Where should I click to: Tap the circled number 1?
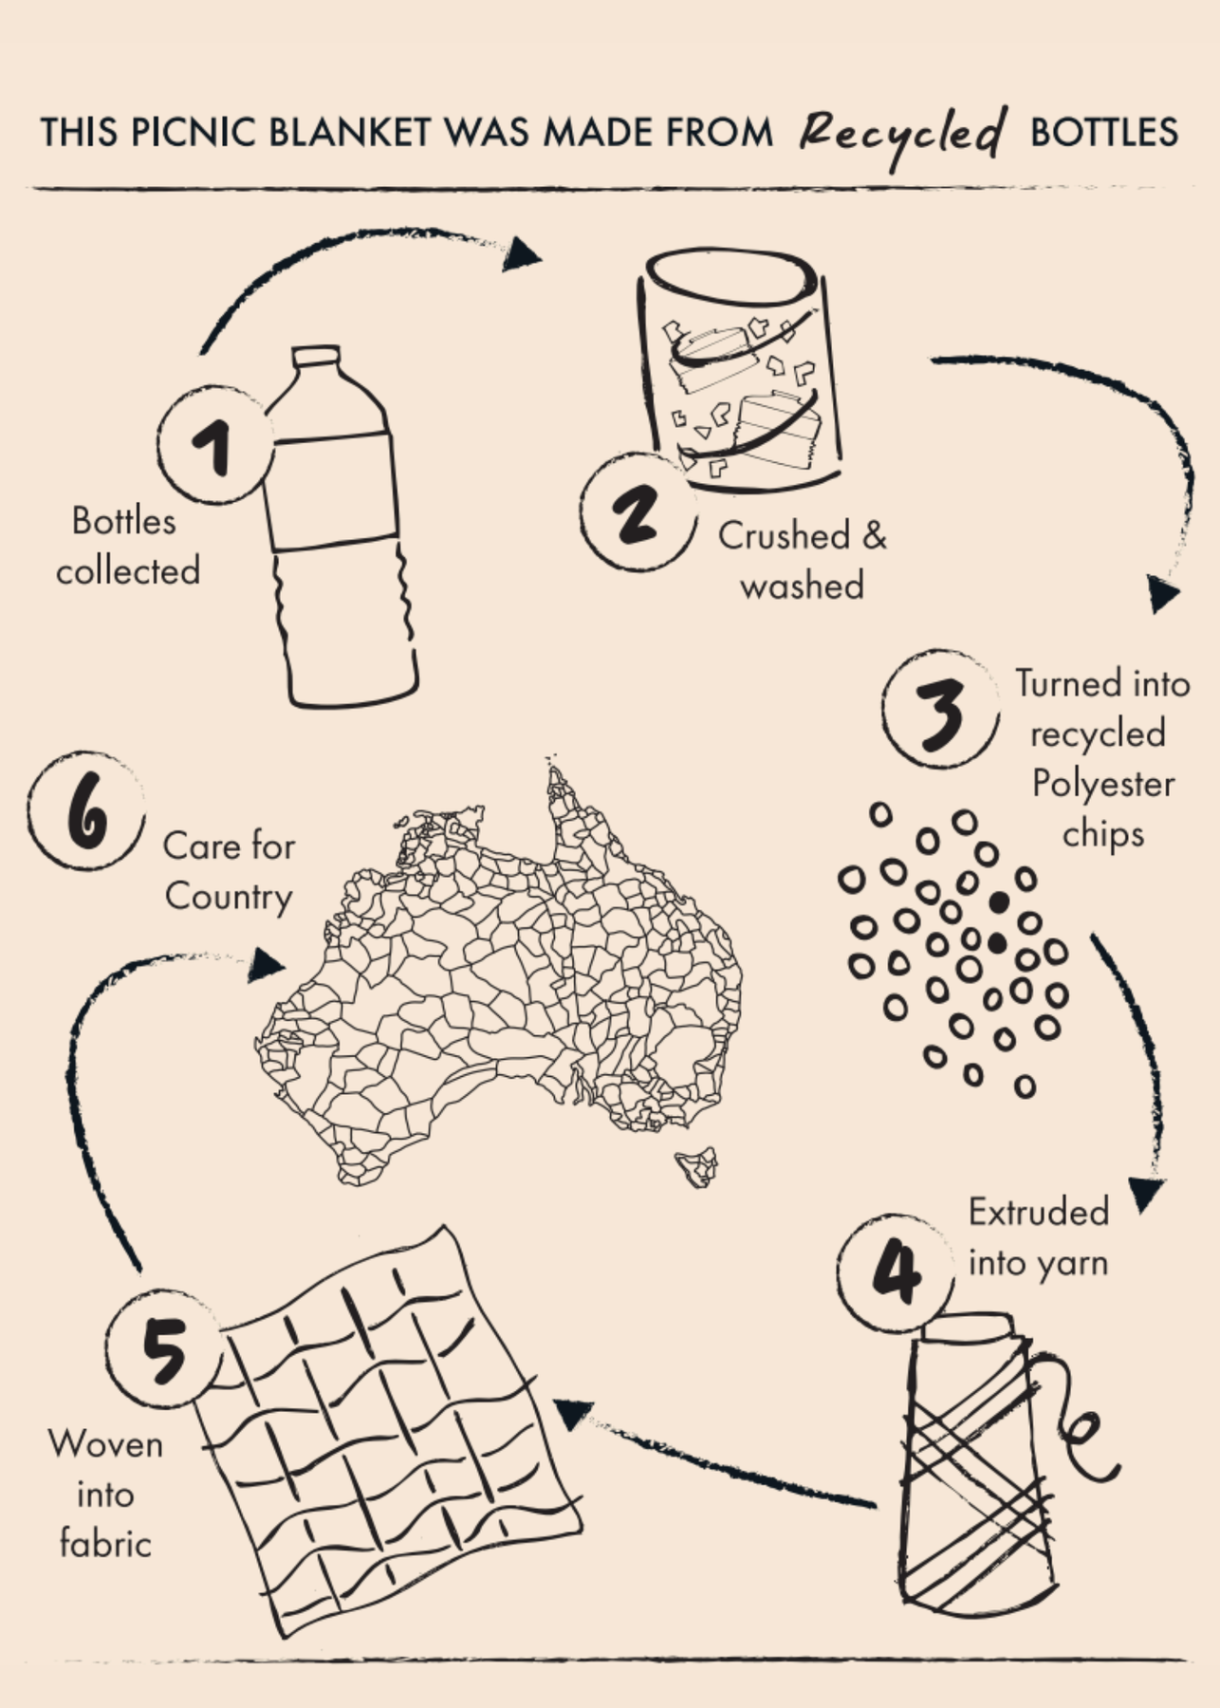pyautogui.click(x=215, y=444)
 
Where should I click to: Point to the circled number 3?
pyautogui.click(x=940, y=710)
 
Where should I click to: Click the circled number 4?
pyautogui.click(x=896, y=1272)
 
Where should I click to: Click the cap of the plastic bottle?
pyautogui.click(x=316, y=358)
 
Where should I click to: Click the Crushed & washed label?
pyautogui.click(x=803, y=561)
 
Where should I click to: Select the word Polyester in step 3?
pyautogui.click(x=1103, y=785)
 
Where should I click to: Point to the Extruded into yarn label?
pyautogui.click(x=1039, y=1237)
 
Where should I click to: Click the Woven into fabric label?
pyautogui.click(x=105, y=1494)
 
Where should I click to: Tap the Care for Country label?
pyautogui.click(x=229, y=871)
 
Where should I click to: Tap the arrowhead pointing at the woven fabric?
pyautogui.click(x=573, y=1414)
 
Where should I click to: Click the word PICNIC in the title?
pyautogui.click(x=194, y=132)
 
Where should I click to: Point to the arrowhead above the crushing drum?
pyautogui.click(x=521, y=253)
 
